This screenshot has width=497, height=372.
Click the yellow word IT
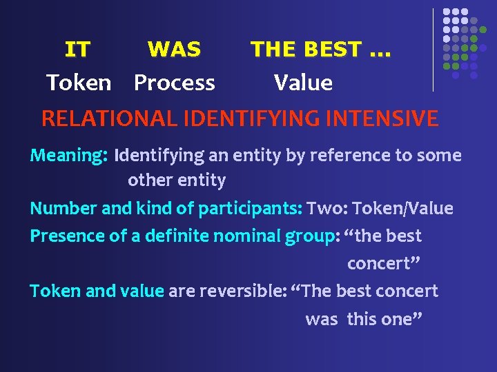click(x=77, y=50)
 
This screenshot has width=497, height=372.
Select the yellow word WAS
click(x=174, y=50)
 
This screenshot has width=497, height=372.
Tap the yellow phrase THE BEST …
click(x=320, y=50)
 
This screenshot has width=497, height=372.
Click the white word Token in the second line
click(x=78, y=83)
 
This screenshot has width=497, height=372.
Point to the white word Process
click(x=175, y=83)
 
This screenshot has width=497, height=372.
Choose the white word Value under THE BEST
click(x=303, y=83)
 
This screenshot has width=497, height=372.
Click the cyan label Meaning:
click(x=68, y=156)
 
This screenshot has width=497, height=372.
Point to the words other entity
click(x=177, y=180)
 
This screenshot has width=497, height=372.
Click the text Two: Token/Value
click(x=380, y=208)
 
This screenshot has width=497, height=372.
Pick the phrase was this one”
click(x=363, y=319)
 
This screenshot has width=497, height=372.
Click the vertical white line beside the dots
click(x=433, y=50)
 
